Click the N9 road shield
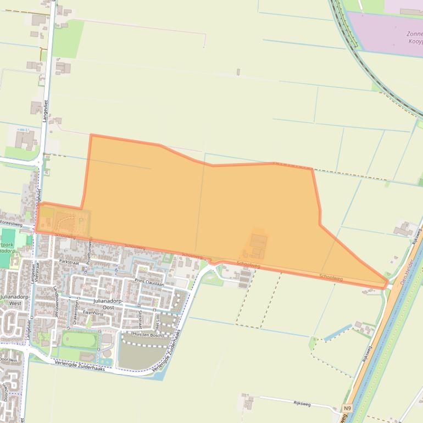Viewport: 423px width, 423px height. click(x=347, y=408)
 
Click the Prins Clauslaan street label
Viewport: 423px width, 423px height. click(x=149, y=283)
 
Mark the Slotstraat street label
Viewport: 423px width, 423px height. click(x=141, y=319)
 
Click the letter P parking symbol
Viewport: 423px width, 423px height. click(x=81, y=221)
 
